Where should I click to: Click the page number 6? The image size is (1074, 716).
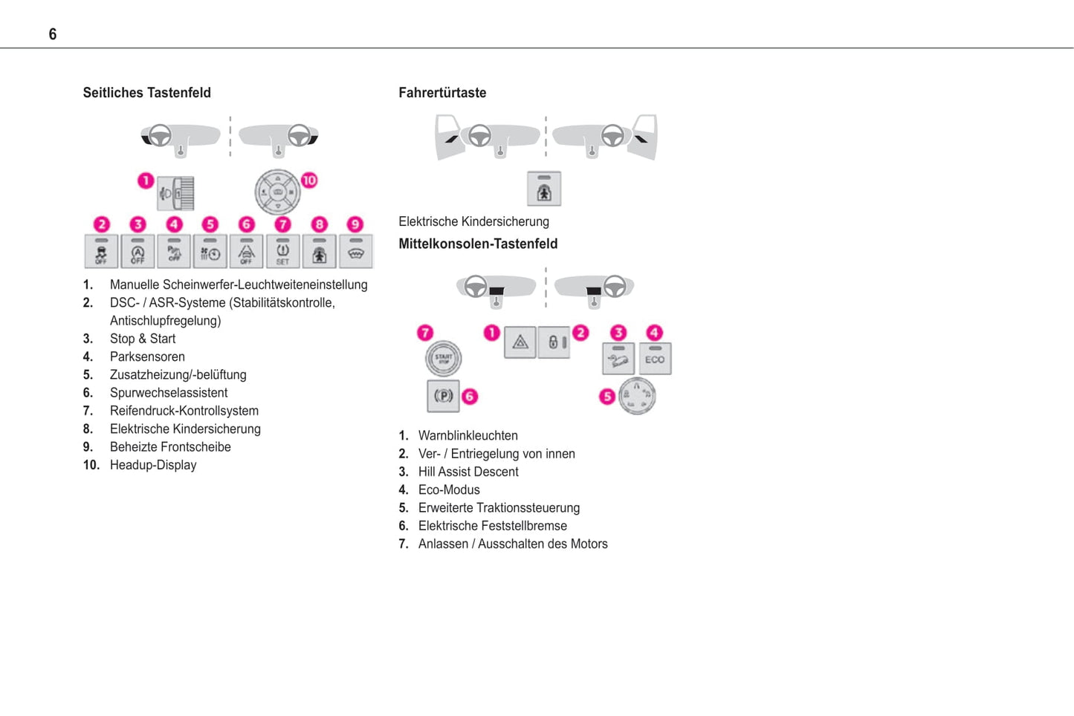tap(53, 34)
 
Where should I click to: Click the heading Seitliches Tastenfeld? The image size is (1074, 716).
tap(146, 93)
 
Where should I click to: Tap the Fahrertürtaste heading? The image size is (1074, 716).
tap(442, 93)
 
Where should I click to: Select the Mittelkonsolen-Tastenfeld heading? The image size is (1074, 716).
tap(478, 244)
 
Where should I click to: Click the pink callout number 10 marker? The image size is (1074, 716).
tap(309, 180)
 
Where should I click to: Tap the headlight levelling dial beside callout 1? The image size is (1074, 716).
tap(177, 193)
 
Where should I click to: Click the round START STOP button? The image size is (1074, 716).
tap(443, 358)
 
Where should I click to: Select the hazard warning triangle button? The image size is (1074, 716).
tap(520, 342)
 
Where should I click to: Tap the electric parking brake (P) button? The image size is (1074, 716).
tap(443, 396)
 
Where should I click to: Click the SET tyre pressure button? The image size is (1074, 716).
tap(282, 252)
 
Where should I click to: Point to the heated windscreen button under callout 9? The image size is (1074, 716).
tap(355, 252)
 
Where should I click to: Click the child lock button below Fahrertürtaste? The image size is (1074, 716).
tap(544, 189)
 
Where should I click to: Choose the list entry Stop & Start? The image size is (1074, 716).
tap(143, 339)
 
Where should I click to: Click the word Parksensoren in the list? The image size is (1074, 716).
tap(147, 357)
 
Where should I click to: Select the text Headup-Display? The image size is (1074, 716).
tap(153, 465)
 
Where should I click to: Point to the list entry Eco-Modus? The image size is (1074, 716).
tap(449, 489)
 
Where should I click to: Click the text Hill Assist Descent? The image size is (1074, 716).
tap(468, 472)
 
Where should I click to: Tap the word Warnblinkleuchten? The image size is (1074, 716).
tap(468, 435)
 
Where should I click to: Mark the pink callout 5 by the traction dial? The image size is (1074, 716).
tap(607, 397)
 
